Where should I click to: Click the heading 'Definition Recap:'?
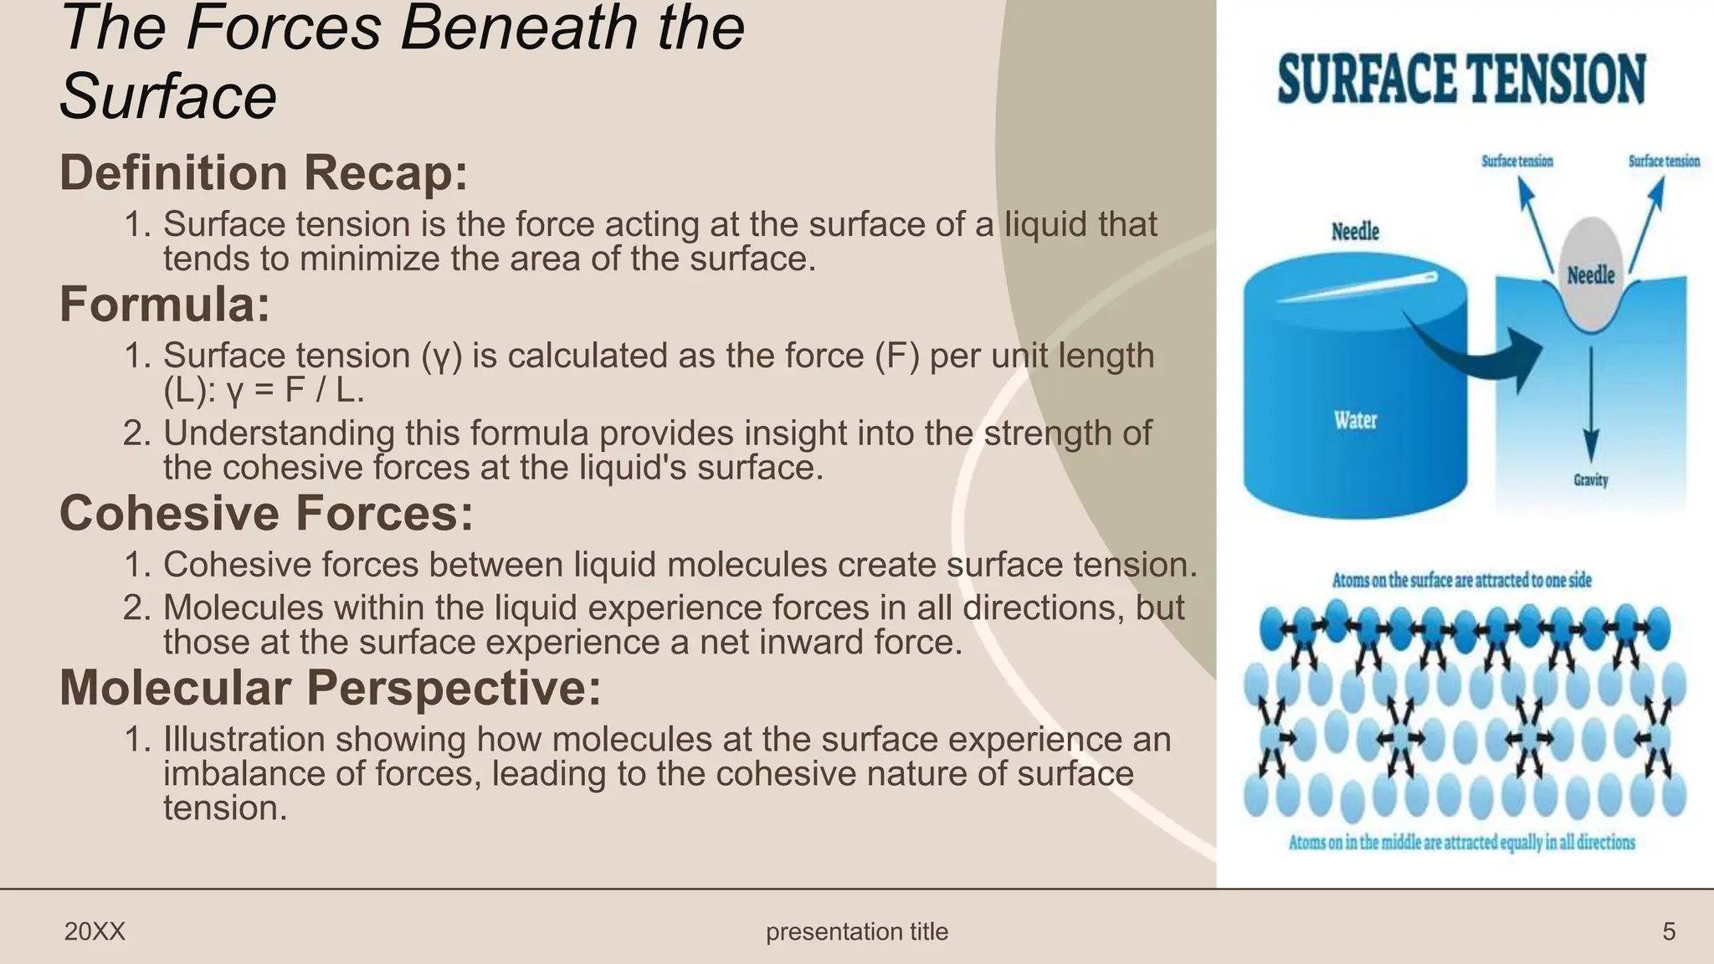click(x=264, y=172)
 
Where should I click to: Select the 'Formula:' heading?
click(x=165, y=304)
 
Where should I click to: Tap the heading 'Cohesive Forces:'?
click(x=266, y=512)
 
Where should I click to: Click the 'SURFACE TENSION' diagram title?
click(x=1461, y=79)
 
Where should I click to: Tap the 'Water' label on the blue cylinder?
click(x=1355, y=419)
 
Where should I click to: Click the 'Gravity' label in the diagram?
click(x=1590, y=479)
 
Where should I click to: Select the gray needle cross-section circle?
click(x=1590, y=272)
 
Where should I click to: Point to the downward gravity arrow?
click(x=1591, y=402)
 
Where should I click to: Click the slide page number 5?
click(x=1669, y=931)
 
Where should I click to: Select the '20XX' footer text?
click(x=95, y=931)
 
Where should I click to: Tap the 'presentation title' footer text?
click(x=857, y=931)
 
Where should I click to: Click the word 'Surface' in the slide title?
click(x=168, y=96)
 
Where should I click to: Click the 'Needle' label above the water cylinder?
click(x=1355, y=231)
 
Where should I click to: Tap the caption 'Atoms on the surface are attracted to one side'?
click(x=1461, y=579)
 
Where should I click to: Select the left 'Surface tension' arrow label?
click(x=1516, y=161)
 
